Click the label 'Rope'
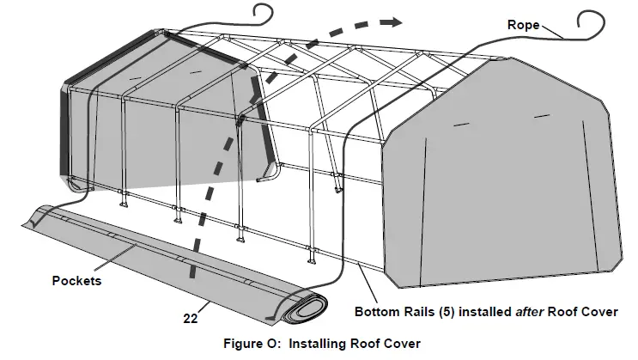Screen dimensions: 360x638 click(523, 25)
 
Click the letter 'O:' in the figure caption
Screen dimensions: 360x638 click(270, 344)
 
